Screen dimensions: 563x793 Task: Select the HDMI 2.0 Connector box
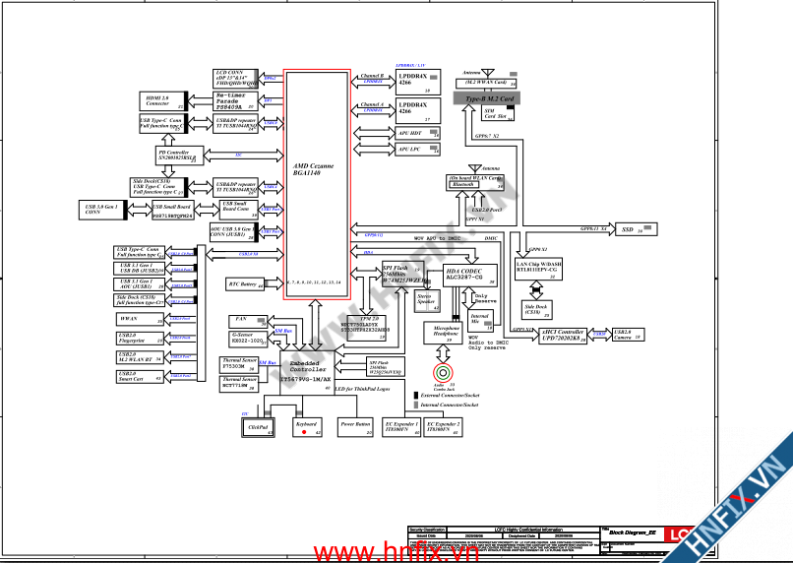click(157, 101)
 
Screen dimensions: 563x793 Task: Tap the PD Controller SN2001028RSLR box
click(174, 156)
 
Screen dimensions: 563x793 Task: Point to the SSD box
click(627, 229)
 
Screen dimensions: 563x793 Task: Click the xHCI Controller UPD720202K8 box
click(563, 336)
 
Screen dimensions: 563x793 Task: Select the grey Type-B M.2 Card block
click(490, 99)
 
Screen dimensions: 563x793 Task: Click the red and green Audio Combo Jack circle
click(444, 373)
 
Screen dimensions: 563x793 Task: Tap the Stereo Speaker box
click(426, 300)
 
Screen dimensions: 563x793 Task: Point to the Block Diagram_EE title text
click(632, 532)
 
